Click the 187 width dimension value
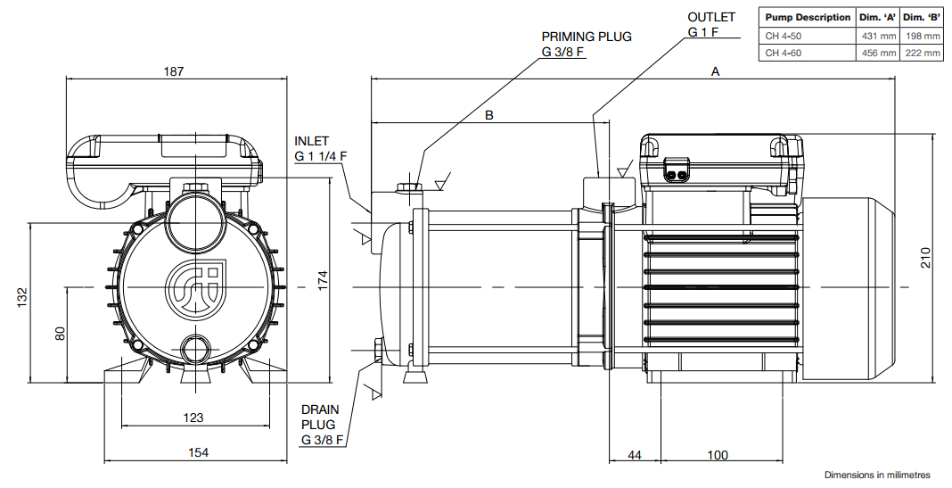(174, 71)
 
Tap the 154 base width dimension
(198, 452)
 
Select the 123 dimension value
(193, 418)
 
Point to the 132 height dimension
(22, 298)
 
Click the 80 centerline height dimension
(60, 333)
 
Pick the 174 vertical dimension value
(323, 280)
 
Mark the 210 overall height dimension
(924, 259)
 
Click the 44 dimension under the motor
(634, 455)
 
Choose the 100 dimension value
(717, 455)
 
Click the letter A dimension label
(715, 71)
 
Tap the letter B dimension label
(489, 115)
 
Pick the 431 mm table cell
(879, 36)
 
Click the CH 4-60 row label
(784, 53)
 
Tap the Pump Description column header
(808, 17)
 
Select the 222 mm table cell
(923, 53)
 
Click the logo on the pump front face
(195, 286)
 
